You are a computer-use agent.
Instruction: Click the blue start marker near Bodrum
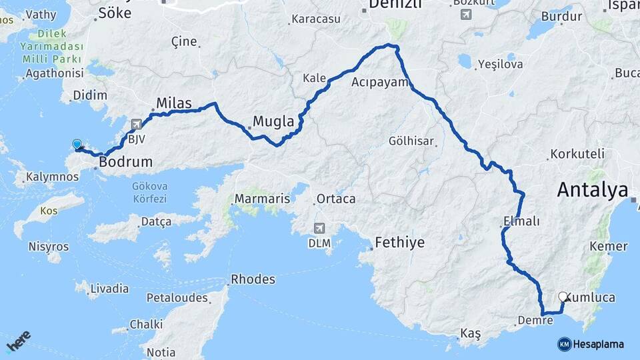click(x=77, y=145)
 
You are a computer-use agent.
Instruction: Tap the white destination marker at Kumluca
click(x=563, y=297)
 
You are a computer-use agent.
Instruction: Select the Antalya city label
click(x=592, y=191)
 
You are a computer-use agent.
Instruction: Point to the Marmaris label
click(x=262, y=199)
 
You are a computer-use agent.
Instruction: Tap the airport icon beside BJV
click(x=137, y=124)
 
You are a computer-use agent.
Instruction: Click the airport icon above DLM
click(x=319, y=229)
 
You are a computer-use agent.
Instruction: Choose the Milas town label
click(x=173, y=103)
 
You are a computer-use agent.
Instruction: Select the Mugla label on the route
click(x=273, y=122)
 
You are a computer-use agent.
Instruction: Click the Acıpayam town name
click(x=379, y=82)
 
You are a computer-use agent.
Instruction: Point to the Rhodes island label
click(x=253, y=279)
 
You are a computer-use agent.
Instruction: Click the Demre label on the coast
click(x=535, y=321)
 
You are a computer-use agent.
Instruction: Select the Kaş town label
click(x=470, y=333)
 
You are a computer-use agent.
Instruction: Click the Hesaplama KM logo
click(x=591, y=344)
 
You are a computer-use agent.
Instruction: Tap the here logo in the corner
click(x=18, y=342)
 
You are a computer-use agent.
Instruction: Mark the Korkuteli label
click(x=578, y=153)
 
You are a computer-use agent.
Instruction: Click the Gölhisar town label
click(x=411, y=141)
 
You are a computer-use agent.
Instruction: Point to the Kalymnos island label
click(x=52, y=177)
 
